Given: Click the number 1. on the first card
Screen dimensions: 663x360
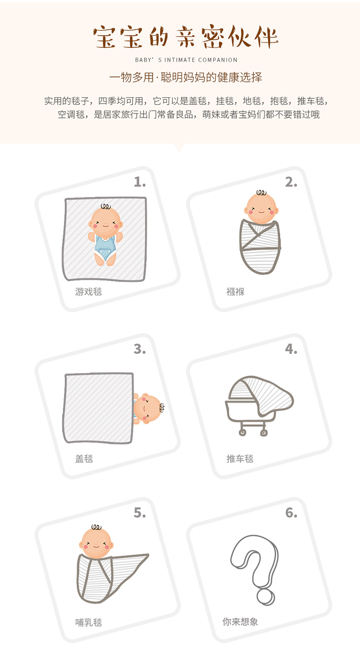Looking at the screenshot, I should [x=139, y=182].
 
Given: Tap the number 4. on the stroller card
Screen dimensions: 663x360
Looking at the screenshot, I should [x=291, y=349].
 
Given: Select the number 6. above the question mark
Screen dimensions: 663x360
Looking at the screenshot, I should [x=291, y=513].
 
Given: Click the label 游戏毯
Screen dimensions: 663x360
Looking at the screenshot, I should [x=88, y=291].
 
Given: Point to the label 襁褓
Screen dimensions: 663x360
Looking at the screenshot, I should [x=236, y=291].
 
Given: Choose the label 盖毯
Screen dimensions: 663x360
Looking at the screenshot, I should [x=84, y=459].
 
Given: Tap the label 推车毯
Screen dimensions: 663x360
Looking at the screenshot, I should [x=240, y=459].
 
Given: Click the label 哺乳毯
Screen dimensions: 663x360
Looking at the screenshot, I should [x=88, y=622].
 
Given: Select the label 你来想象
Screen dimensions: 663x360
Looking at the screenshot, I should [x=240, y=622].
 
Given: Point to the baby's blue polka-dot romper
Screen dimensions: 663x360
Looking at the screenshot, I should [x=105, y=248].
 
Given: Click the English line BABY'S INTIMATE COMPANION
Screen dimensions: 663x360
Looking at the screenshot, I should [x=186, y=60].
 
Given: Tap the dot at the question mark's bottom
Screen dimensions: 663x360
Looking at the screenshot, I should [x=265, y=597].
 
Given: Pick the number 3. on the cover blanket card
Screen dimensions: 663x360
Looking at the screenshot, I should [x=139, y=349].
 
